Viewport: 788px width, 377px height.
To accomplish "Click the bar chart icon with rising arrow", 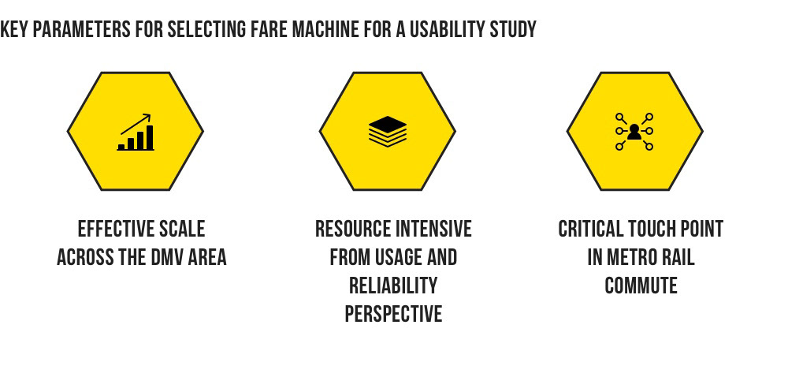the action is tap(136, 132).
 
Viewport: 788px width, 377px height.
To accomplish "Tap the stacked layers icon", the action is tap(388, 132).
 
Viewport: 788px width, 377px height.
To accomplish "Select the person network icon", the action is tap(634, 132).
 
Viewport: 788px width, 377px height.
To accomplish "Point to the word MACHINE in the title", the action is tap(325, 30).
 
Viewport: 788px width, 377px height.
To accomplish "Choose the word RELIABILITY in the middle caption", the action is tap(393, 286).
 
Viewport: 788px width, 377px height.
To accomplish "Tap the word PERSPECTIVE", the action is tap(393, 314).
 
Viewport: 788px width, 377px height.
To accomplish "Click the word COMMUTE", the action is tap(641, 286).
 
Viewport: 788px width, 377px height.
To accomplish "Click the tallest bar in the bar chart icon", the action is tap(150, 137).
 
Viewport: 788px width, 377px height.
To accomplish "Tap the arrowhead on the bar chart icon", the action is tap(147, 117).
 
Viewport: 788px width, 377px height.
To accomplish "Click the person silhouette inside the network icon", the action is tap(634, 132).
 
